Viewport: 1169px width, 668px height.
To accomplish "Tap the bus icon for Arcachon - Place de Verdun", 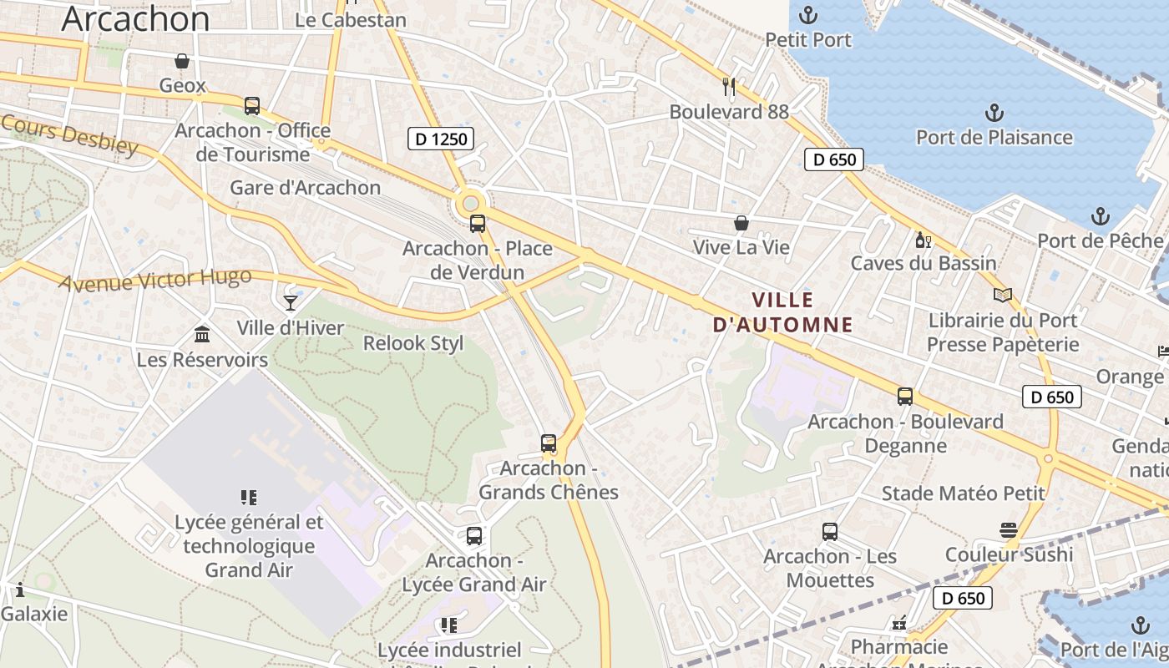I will click(478, 223).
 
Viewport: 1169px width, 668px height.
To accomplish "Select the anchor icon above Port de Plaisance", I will click(994, 112).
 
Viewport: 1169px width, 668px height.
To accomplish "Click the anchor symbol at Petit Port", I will click(807, 14).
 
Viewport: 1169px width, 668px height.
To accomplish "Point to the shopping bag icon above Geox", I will click(181, 60).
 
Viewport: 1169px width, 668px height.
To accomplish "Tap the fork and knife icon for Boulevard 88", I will click(729, 85).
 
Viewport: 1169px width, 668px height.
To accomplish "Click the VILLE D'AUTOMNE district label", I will click(782, 312).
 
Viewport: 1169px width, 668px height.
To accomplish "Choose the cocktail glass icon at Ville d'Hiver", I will click(291, 302).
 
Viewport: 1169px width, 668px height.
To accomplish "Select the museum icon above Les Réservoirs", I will click(202, 335).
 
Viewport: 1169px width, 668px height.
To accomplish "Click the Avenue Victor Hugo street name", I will click(156, 280).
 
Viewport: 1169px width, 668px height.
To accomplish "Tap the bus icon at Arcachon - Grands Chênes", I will click(549, 443).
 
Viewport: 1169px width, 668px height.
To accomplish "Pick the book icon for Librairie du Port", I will click(1003, 294).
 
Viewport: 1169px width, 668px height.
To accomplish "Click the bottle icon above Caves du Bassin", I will click(923, 240).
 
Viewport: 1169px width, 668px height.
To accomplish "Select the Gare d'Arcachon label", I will click(306, 187).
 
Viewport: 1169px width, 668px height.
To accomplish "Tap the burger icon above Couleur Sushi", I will click(1009, 529).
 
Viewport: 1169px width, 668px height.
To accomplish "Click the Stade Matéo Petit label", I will click(964, 493).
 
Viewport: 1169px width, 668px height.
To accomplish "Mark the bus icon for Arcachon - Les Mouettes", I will click(830, 531).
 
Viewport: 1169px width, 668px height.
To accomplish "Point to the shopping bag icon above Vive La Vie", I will click(741, 223).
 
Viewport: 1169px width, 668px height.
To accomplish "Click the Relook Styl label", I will click(413, 343).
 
